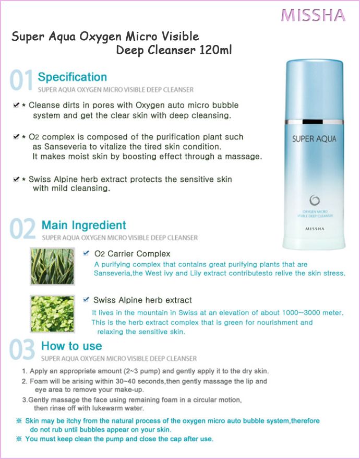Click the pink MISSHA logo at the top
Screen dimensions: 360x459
click(x=313, y=15)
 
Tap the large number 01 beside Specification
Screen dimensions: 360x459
click(x=21, y=79)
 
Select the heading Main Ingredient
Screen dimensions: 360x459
click(x=83, y=225)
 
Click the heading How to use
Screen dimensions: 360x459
click(x=71, y=346)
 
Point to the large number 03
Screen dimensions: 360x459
click(x=22, y=349)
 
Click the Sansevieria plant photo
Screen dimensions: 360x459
click(x=53, y=266)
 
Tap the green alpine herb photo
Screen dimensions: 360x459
click(x=53, y=314)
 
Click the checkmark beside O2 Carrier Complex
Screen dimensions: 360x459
click(x=86, y=253)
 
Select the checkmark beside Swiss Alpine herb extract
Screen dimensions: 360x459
click(x=86, y=299)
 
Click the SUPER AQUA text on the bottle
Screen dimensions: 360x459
click(x=314, y=139)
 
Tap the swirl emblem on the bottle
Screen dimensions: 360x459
click(x=315, y=201)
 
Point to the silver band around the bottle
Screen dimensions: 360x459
click(x=314, y=122)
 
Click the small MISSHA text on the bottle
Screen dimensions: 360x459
click(x=315, y=229)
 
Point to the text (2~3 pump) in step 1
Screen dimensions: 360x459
click(x=141, y=371)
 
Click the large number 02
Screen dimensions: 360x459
click(x=22, y=229)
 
